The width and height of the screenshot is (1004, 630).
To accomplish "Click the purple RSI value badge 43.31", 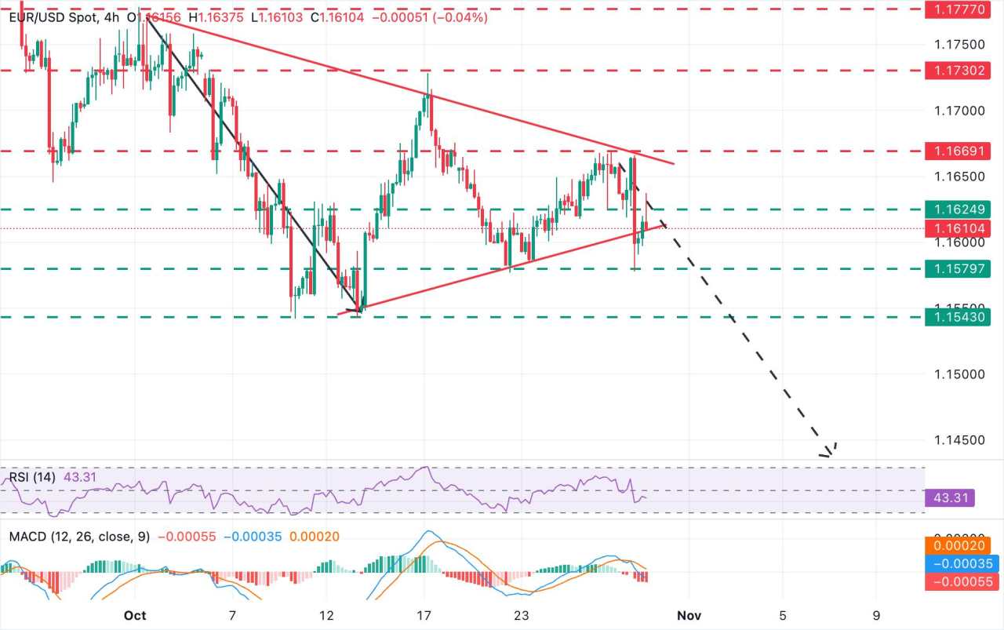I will [x=950, y=498].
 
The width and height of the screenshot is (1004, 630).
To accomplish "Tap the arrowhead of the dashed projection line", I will [x=828, y=453].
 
